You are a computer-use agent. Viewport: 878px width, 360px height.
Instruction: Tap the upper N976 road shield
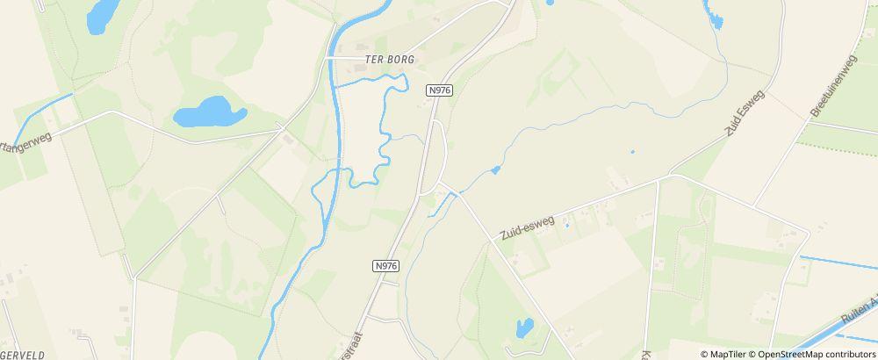439,90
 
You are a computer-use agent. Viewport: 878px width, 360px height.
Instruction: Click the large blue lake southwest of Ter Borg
208,112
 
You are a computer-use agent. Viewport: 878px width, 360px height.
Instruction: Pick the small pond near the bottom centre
524,328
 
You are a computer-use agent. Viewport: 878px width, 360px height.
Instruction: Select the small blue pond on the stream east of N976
496,169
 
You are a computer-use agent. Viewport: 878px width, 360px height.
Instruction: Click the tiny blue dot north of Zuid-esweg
632,151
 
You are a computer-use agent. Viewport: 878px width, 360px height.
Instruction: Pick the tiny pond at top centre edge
550,3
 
